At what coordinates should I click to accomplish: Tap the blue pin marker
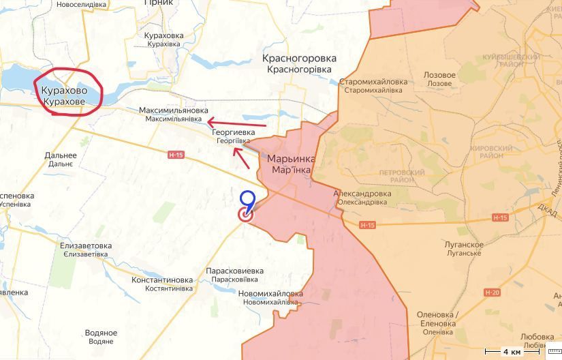click(248, 200)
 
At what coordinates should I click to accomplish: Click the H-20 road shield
click(493, 292)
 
